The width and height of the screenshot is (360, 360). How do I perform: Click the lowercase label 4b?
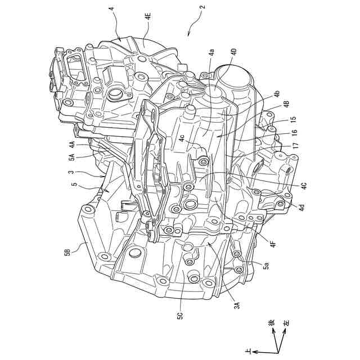click(x=277, y=93)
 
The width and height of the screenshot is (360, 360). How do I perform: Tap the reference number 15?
click(x=293, y=120)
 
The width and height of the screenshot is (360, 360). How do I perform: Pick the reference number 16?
click(x=293, y=134)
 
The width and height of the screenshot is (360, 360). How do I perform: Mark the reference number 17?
click(x=293, y=147)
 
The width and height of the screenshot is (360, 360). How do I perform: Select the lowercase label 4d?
click(x=301, y=207)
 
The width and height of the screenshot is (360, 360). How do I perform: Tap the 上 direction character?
click(x=249, y=351)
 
